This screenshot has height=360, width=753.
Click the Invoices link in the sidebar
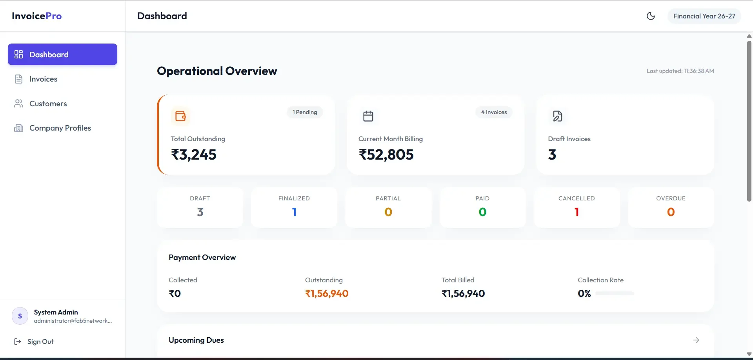(x=43, y=79)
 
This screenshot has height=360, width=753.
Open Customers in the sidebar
(x=48, y=104)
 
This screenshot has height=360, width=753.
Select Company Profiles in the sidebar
(x=60, y=128)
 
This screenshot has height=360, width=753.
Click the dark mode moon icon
(x=651, y=16)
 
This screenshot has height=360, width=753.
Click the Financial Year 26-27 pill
(x=704, y=16)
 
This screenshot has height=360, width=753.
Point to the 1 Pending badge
(x=305, y=112)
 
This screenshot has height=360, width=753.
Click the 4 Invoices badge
(x=494, y=112)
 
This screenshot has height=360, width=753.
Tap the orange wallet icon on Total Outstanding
(x=180, y=116)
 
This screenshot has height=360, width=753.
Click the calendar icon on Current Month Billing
(x=368, y=116)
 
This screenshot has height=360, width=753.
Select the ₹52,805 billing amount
(x=386, y=155)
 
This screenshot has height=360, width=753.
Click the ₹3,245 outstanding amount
(x=193, y=155)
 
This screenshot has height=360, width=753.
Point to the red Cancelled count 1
(x=577, y=212)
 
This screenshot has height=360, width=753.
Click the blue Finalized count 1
(x=294, y=212)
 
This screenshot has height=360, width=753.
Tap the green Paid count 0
(x=482, y=212)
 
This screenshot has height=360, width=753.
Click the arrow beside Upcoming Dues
(x=696, y=340)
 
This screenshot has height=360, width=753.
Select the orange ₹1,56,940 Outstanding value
(x=327, y=293)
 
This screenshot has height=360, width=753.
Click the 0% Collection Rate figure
(x=584, y=293)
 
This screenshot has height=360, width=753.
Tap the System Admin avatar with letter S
(x=20, y=316)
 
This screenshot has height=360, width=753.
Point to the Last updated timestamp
(x=680, y=71)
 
